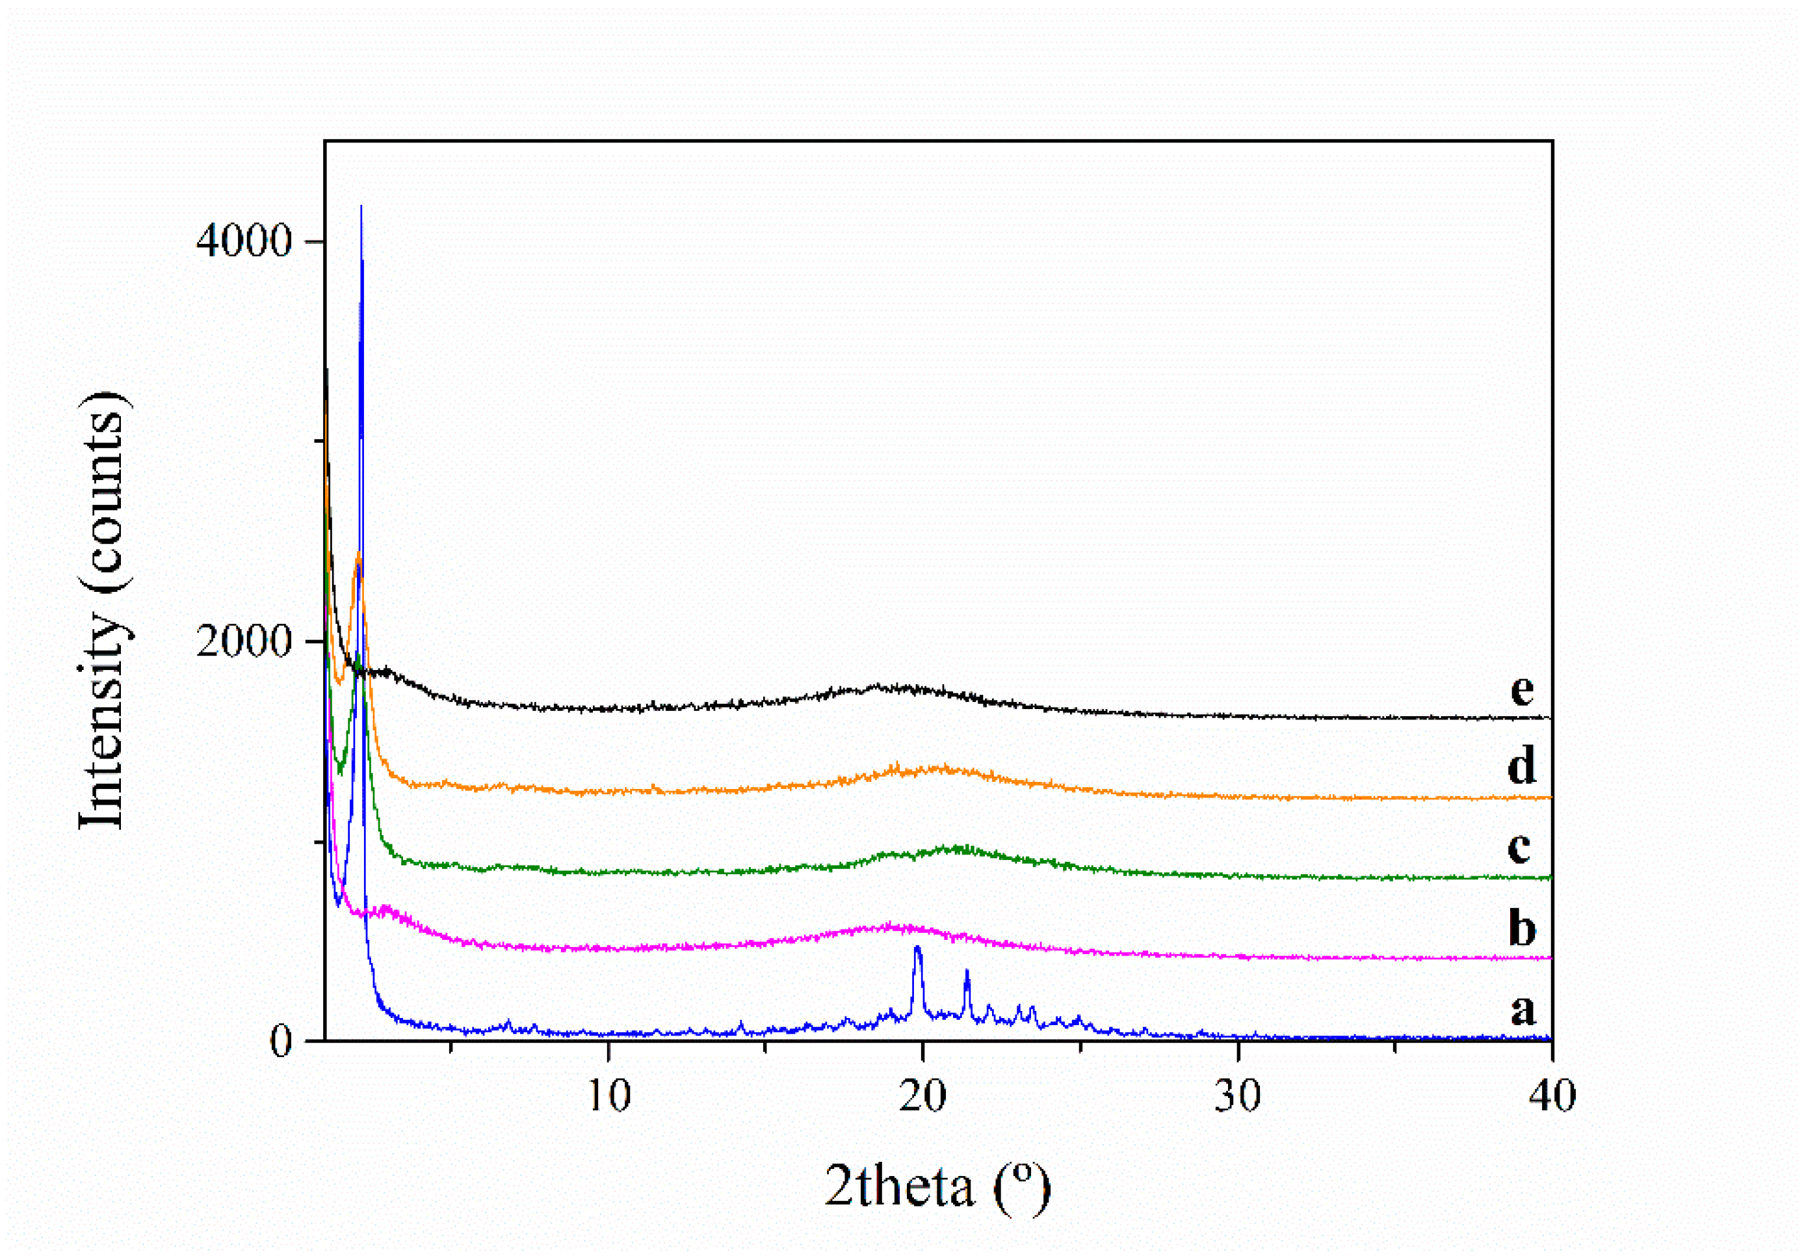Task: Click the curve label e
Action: coord(1522,690)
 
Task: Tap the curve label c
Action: coord(1519,846)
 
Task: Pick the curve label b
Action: coord(1522,928)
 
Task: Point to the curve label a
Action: coord(1522,1010)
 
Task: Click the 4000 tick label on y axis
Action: coord(244,241)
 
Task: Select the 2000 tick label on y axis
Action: coord(244,641)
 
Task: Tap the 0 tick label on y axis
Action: coord(280,1042)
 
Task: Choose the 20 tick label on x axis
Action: coord(923,1095)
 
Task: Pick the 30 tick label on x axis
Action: coord(1238,1095)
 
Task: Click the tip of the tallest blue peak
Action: coord(361,207)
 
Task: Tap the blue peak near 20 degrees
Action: coord(917,948)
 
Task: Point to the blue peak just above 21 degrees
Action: coord(967,972)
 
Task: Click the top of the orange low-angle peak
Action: coord(358,554)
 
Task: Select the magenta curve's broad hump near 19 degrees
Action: coord(892,926)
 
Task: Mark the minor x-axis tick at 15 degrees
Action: coord(765,1047)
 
